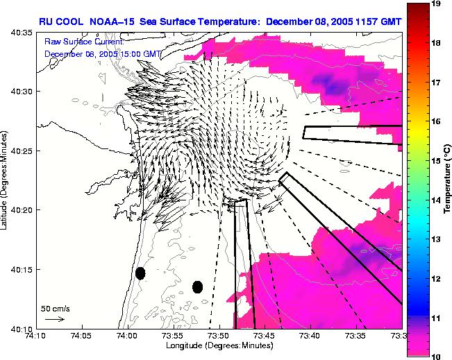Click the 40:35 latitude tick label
click(23, 33)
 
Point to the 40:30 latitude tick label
click(23, 92)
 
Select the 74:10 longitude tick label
click(35, 335)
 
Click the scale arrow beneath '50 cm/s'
click(54, 319)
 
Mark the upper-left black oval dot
click(140, 273)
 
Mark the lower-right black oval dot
click(197, 286)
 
